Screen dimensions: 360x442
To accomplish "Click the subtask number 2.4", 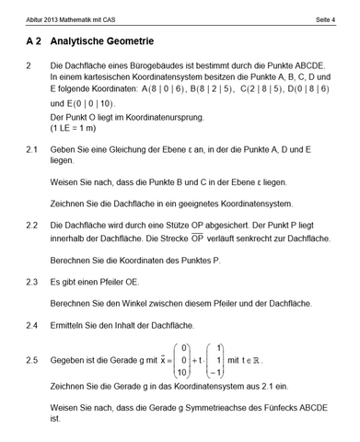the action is tap(32, 325).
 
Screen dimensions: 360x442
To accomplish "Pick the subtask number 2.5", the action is tap(32, 360).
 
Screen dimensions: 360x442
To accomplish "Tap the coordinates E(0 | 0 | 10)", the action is tap(86, 105).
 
